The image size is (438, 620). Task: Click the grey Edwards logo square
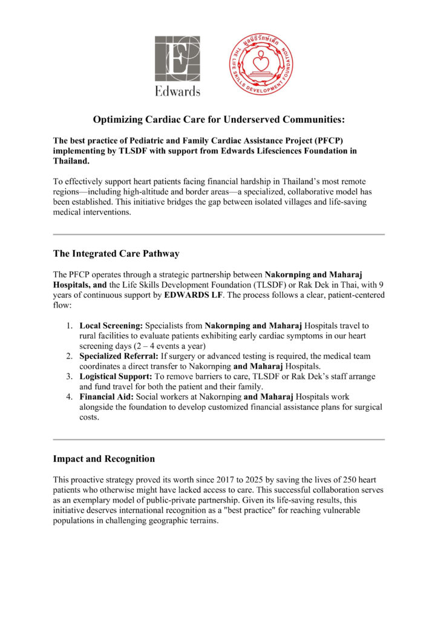pyautogui.click(x=177, y=59)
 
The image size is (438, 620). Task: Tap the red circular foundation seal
pyautogui.click(x=261, y=64)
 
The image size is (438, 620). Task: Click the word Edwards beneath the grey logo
pyautogui.click(x=177, y=91)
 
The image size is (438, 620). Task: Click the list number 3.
pyautogui.click(x=70, y=377)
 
